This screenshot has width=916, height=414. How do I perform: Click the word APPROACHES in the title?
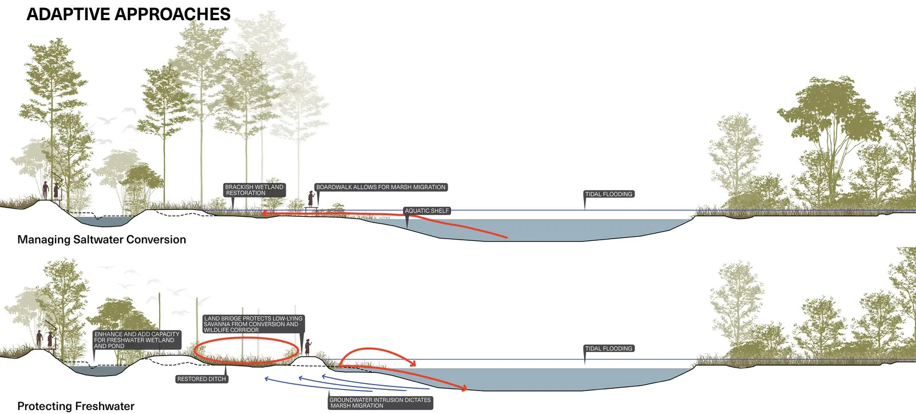click(175, 14)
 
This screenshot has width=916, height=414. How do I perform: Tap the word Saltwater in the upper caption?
click(112, 240)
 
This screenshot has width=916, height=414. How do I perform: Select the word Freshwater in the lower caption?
click(101, 406)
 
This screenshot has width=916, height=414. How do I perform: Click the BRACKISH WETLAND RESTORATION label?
click(254, 190)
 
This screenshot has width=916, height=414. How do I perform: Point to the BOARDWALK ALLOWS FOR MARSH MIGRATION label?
click(381, 187)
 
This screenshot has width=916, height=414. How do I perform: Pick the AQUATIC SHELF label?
click(427, 211)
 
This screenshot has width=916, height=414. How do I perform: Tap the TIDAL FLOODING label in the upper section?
click(609, 194)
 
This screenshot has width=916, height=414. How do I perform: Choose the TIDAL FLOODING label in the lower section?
click(609, 349)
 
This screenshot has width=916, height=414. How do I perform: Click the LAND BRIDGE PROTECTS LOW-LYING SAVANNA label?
click(253, 324)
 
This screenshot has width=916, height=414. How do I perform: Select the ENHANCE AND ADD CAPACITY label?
click(137, 340)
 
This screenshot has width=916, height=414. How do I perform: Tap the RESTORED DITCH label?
click(202, 379)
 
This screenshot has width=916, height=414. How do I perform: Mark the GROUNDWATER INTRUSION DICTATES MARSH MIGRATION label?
click(380, 403)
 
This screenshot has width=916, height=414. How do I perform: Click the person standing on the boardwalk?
click(311, 198)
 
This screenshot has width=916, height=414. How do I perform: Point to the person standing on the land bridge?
click(307, 347)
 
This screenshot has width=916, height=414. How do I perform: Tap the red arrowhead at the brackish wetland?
click(264, 214)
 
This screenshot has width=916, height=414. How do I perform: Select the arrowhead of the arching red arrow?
click(412, 363)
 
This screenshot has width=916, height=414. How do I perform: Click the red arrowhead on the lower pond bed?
click(464, 389)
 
